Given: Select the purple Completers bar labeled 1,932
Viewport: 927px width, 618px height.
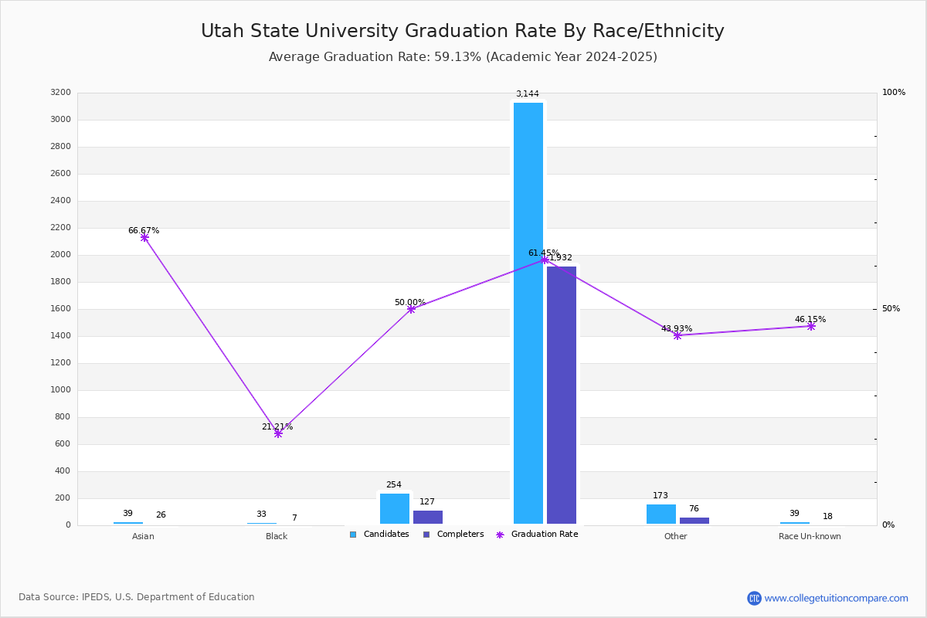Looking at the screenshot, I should coord(562,395).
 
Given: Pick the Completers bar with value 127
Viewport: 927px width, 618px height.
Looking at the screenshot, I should coord(428,517).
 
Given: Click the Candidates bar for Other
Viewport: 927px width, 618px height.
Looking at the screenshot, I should coord(661,514).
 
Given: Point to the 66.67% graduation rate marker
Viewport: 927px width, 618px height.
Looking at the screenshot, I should coord(144,238).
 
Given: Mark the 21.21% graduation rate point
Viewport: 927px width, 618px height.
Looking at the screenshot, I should coord(278,433).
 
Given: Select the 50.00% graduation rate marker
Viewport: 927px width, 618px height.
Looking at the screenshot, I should coord(411,309).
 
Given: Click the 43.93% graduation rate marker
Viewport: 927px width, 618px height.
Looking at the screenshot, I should coord(677,335).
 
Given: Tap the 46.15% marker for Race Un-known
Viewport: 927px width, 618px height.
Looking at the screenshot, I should coord(811,326).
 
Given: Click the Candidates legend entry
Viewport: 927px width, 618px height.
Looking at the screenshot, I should coord(379,535).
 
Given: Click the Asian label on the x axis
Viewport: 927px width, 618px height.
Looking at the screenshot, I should coord(143,536).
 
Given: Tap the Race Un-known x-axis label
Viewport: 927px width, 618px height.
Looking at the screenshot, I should coord(810,536).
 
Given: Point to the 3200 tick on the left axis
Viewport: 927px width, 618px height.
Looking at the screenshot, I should coord(60,93).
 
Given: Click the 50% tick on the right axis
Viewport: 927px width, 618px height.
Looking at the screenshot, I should coord(891,309).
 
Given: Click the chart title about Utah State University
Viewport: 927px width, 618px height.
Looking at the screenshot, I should coord(463,31).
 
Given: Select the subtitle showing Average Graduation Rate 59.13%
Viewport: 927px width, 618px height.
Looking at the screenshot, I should coord(463,57).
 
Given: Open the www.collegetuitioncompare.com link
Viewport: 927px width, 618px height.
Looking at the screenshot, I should coord(836,598).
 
